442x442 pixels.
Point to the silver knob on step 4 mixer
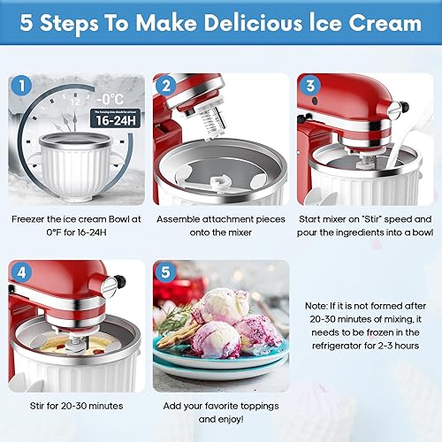click(x=110, y=286)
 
